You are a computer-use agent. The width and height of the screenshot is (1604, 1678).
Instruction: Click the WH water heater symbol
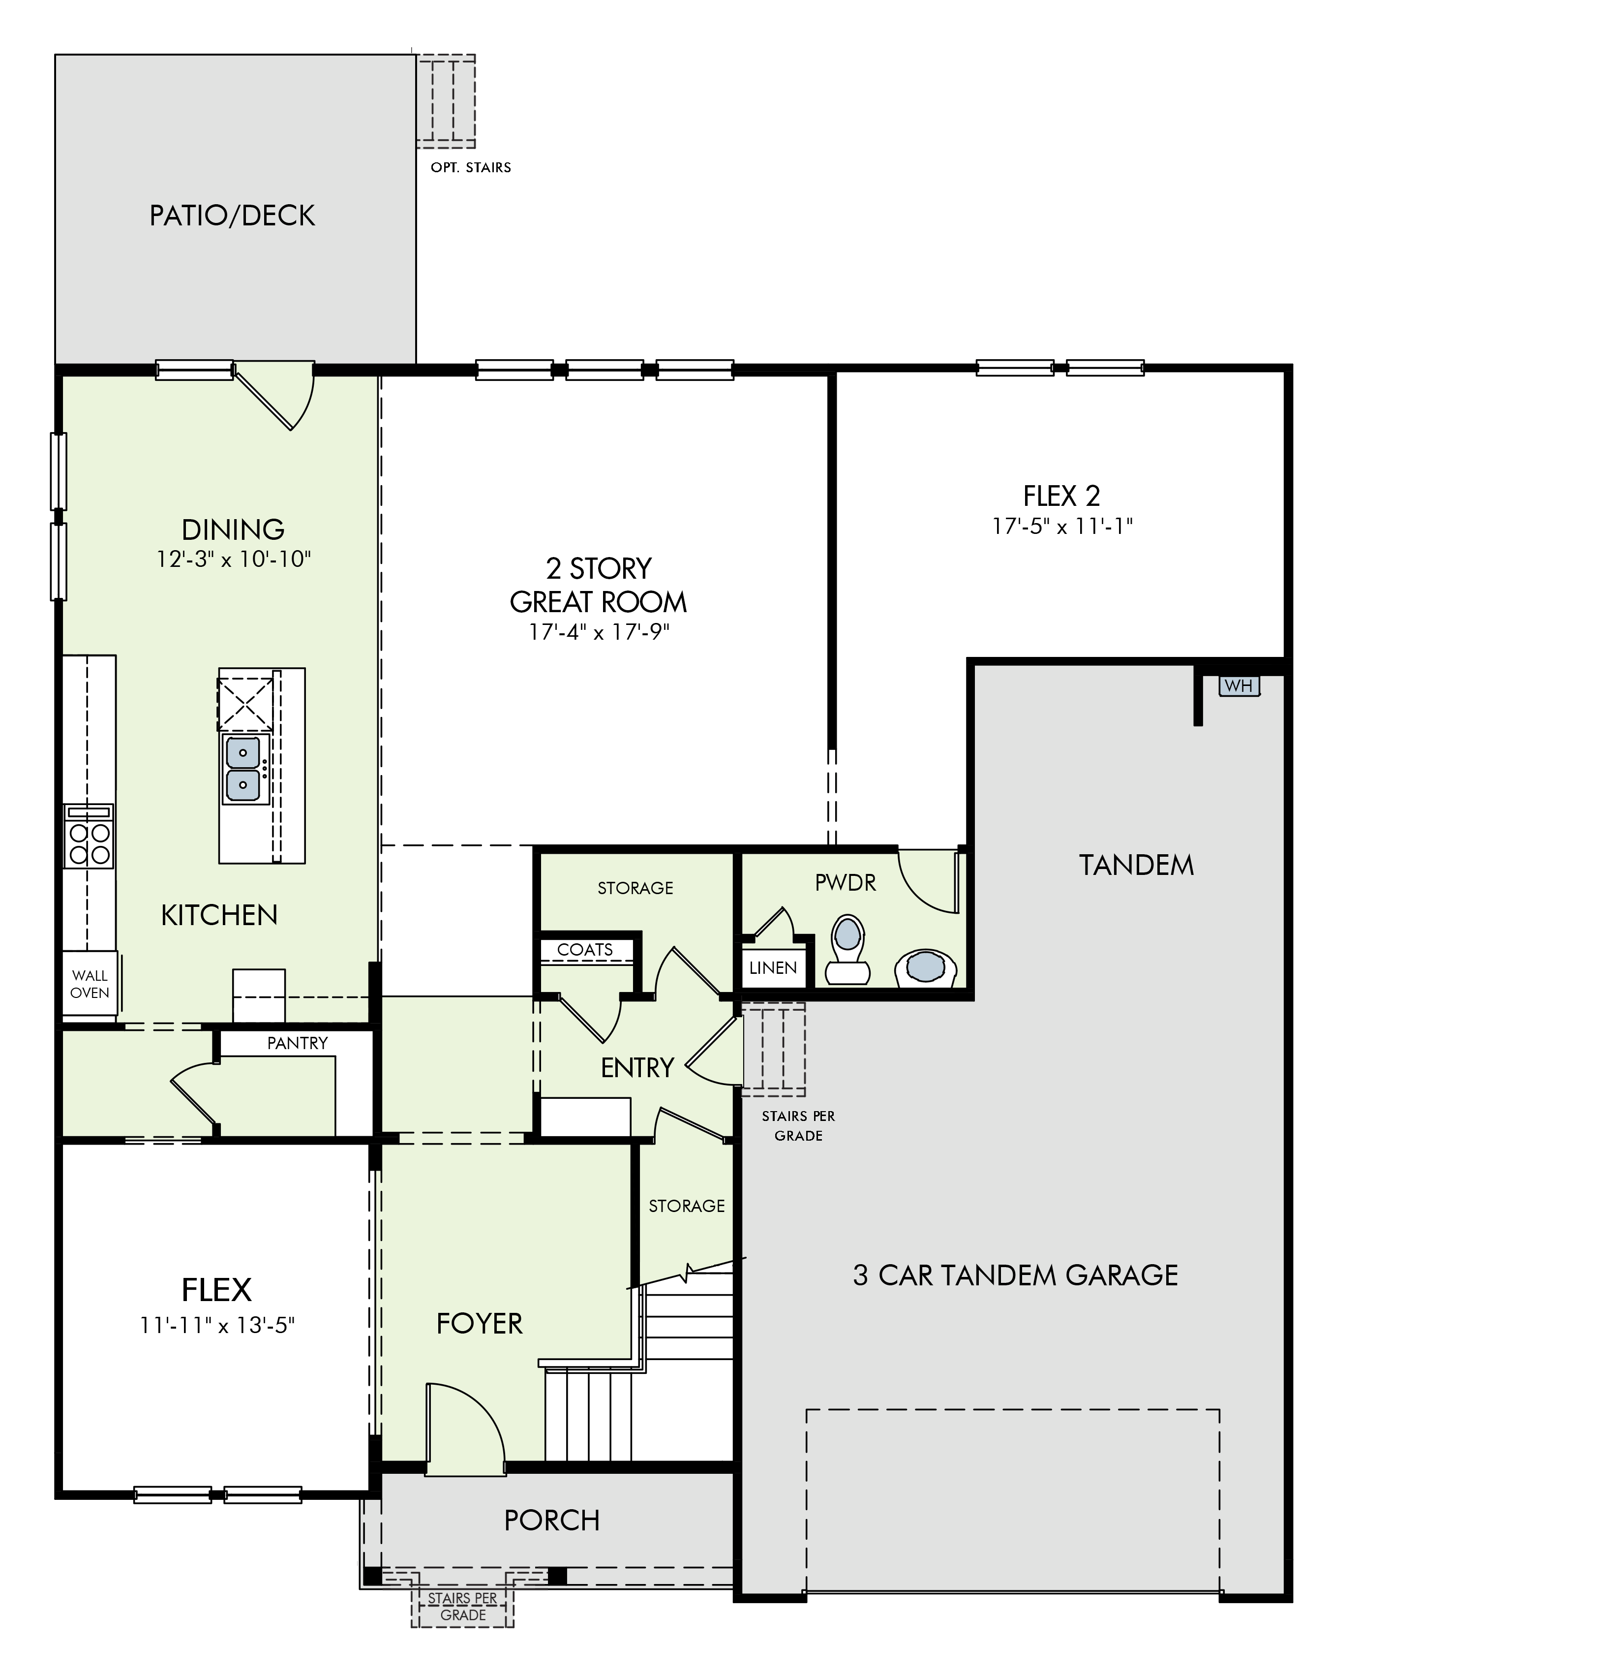[x=1239, y=686]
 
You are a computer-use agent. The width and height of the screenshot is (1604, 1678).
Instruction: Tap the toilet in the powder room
[x=847, y=949]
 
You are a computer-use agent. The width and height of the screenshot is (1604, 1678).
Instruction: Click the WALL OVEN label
[x=90, y=984]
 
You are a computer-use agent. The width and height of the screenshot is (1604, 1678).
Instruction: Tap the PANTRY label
[x=298, y=1043]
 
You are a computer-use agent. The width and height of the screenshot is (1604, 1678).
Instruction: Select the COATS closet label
[x=585, y=949]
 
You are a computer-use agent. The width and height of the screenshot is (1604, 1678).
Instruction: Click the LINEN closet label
[x=773, y=967]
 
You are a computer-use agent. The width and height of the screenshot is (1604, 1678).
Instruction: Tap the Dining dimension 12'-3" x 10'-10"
[x=234, y=559]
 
